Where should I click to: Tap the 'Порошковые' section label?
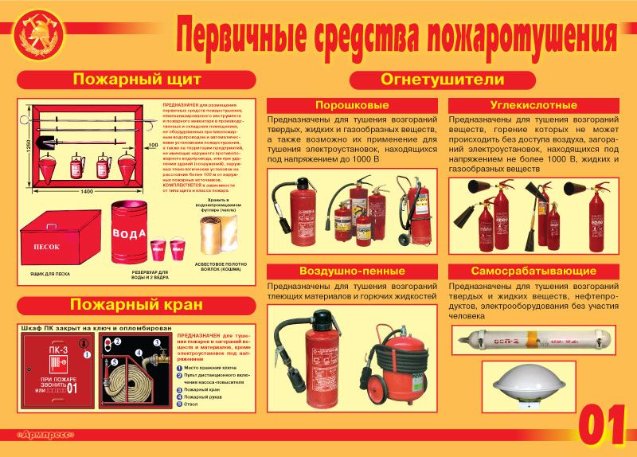click(352, 105)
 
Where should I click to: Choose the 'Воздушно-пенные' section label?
click(352, 271)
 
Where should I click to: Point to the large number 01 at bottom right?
click(600, 426)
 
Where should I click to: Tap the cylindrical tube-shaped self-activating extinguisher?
click(531, 338)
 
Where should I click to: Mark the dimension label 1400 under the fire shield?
click(86, 193)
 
